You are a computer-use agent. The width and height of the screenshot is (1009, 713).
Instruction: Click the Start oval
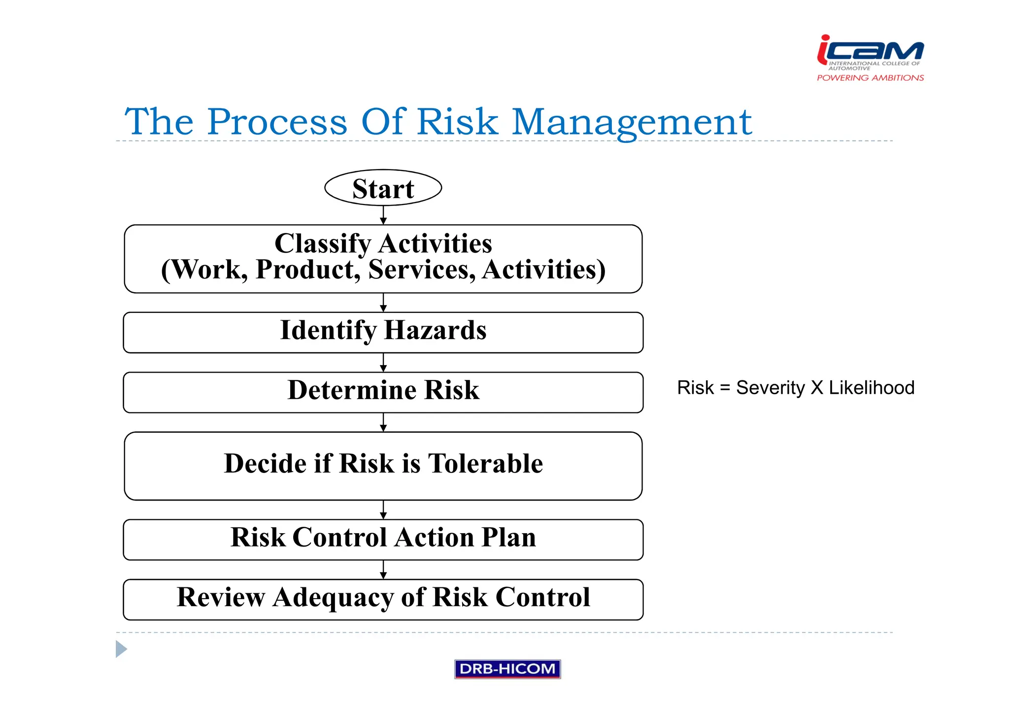(383, 188)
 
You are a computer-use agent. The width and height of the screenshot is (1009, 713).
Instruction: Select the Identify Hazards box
(383, 332)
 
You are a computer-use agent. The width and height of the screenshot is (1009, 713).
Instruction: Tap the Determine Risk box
(383, 392)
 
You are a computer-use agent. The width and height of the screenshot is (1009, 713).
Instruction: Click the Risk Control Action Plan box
(383, 539)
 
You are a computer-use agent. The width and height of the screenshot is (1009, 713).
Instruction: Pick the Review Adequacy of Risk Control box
(383, 599)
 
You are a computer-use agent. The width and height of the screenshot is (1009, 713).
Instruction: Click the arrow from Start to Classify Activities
(383, 215)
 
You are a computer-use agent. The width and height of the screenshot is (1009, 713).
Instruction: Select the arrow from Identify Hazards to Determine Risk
(383, 363)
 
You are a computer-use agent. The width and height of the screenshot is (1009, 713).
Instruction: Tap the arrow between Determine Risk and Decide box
(383, 422)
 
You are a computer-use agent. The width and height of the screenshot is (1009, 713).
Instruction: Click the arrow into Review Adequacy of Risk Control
(383, 570)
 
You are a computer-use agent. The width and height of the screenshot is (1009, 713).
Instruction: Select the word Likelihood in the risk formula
(871, 388)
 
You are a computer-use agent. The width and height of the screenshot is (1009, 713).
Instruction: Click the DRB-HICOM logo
(507, 669)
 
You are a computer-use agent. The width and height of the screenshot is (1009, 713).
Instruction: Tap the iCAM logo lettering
(871, 50)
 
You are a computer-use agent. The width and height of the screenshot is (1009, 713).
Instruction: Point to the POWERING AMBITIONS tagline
(870, 78)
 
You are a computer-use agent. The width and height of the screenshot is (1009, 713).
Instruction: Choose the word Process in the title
(277, 122)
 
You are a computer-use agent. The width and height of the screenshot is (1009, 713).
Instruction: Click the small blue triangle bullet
(121, 649)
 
